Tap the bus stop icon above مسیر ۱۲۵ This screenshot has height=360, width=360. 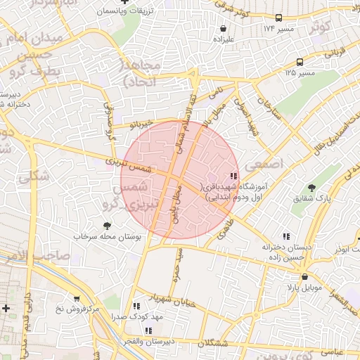pyautogui.click(x=300, y=62)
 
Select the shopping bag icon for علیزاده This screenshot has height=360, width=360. pyautogui.click(x=223, y=29)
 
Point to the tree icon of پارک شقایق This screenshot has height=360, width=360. pyautogui.click(x=311, y=188)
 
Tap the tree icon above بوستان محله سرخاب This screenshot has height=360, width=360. pyautogui.click(x=107, y=226)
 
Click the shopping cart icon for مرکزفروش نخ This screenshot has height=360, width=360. pyautogui.click(x=77, y=298)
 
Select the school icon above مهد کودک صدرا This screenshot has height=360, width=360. pyautogui.click(x=136, y=307)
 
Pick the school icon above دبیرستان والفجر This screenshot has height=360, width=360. pyautogui.click(x=148, y=330)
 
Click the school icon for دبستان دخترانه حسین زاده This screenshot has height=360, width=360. pyautogui.click(x=285, y=237)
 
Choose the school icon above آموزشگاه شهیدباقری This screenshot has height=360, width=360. pyautogui.click(x=233, y=176)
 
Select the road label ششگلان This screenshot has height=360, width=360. pyautogui.click(x=215, y=342)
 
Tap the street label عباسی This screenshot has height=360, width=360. pyautogui.click(x=332, y=350)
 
